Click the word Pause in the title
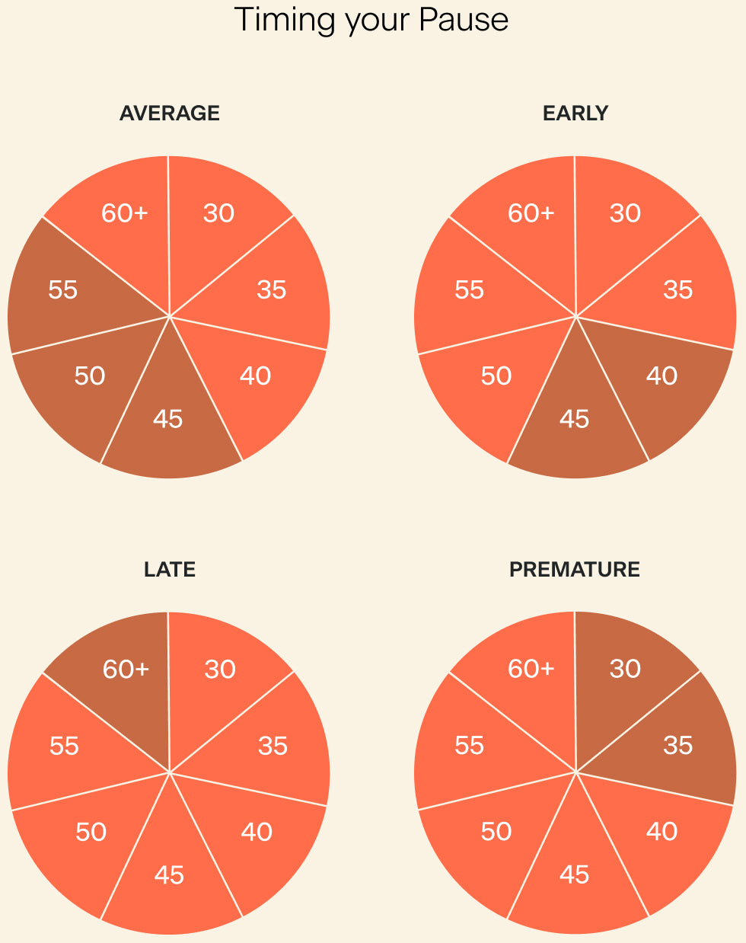tap(464, 20)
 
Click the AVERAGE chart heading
tap(170, 113)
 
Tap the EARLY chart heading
tap(575, 113)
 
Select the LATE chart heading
tap(170, 570)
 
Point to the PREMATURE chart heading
tap(575, 570)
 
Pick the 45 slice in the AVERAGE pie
tap(168, 419)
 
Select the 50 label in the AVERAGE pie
tap(90, 376)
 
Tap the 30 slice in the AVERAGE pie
tap(218, 213)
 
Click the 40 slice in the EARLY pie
tap(662, 376)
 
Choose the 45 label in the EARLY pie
tap(575, 419)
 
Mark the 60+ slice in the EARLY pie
tap(531, 213)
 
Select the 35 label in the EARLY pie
tap(677, 290)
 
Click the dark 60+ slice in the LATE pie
tap(126, 670)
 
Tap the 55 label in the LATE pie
tap(64, 746)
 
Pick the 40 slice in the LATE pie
tap(257, 832)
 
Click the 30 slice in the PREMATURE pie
tap(625, 670)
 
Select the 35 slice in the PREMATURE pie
tap(677, 746)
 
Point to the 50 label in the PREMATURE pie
tap(496, 832)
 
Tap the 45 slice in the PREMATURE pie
tap(575, 875)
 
